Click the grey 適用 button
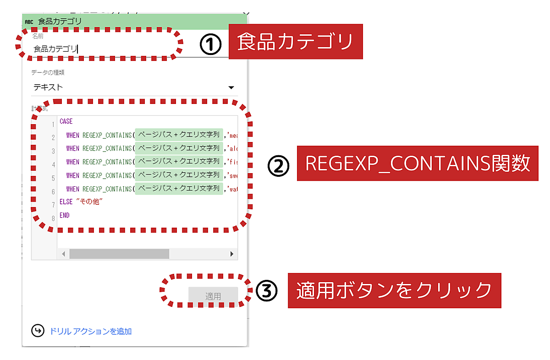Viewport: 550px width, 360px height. click(x=213, y=296)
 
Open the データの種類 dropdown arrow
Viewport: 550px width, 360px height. click(x=231, y=87)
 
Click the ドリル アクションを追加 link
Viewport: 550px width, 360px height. click(x=91, y=331)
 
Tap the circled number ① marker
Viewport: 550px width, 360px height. click(x=210, y=44)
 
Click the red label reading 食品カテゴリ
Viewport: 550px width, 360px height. click(x=295, y=42)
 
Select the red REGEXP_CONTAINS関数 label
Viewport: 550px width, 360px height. click(x=418, y=164)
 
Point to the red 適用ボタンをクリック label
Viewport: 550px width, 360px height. click(x=394, y=290)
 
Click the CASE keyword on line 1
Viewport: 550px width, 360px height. click(x=66, y=122)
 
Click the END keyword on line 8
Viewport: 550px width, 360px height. click(x=65, y=215)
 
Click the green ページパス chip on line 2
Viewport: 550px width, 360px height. click(x=179, y=135)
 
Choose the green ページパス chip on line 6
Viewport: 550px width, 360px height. click(x=179, y=188)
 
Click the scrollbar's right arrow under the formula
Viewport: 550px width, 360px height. click(x=232, y=254)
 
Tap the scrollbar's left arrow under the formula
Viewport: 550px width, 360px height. click(x=64, y=254)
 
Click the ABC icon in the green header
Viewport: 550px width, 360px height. click(x=29, y=21)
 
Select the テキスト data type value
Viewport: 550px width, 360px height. click(x=48, y=87)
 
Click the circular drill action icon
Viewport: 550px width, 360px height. click(x=38, y=331)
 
